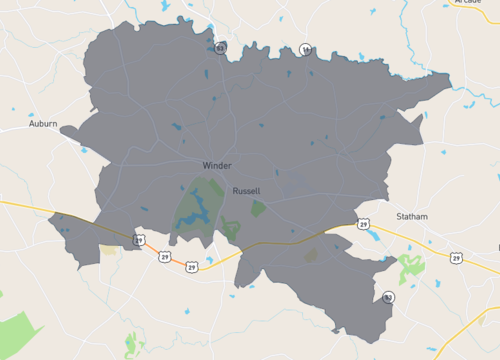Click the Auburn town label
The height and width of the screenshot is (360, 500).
(43, 124)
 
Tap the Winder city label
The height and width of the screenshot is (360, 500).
(216, 165)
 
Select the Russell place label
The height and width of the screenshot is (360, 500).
(246, 190)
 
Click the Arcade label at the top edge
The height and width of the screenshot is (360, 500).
(467, 3)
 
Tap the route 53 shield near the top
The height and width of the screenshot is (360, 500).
(219, 47)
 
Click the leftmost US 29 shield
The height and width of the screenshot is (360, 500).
(139, 240)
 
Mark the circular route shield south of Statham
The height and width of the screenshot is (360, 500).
(387, 297)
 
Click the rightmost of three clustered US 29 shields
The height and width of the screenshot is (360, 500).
(191, 267)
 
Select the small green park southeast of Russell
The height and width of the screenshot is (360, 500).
(259, 208)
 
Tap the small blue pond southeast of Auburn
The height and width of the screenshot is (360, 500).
(85, 150)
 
